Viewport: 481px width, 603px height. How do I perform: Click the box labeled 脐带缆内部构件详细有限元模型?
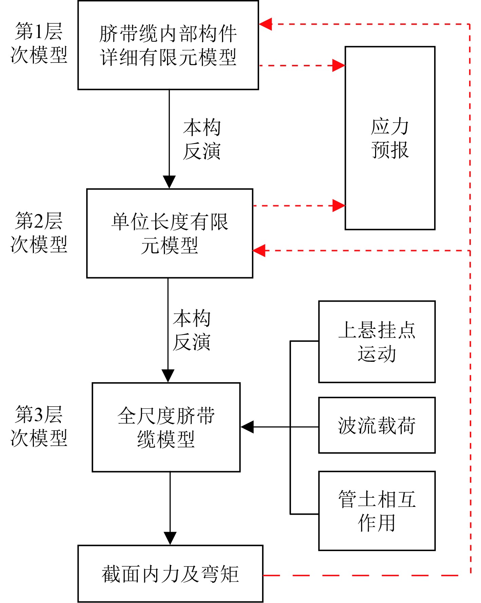[x=168, y=45]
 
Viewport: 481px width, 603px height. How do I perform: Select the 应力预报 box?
[x=390, y=138]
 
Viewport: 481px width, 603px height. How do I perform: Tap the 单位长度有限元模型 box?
[x=170, y=233]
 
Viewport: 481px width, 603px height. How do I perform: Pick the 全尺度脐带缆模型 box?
[x=166, y=427]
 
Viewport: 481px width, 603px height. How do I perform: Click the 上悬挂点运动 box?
[x=377, y=341]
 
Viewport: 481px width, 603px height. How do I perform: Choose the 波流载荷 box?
[x=377, y=425]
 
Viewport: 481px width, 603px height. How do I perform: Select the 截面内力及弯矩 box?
[x=170, y=574]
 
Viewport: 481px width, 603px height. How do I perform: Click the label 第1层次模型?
[x=39, y=43]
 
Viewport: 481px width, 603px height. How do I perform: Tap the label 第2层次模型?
[x=39, y=232]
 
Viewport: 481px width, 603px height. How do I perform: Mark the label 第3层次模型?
[x=39, y=426]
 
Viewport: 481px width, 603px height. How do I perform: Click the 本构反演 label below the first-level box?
[x=202, y=139]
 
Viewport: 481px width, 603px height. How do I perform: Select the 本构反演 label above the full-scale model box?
[x=192, y=330]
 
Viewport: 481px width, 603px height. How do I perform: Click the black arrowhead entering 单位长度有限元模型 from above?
[x=169, y=182]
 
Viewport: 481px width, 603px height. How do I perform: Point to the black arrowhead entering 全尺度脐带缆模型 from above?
[x=168, y=376]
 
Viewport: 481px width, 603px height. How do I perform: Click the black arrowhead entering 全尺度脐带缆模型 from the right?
[x=247, y=427]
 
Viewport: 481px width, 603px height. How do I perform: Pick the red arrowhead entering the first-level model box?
[x=265, y=24]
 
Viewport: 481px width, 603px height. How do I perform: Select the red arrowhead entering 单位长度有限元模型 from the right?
[x=259, y=251]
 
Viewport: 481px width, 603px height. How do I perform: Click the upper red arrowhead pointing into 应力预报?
[x=338, y=65]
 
